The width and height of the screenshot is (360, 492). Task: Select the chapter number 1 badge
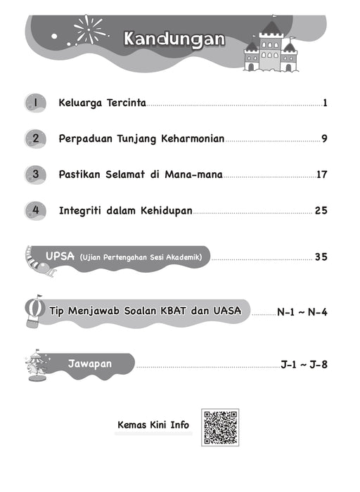(x=34, y=103)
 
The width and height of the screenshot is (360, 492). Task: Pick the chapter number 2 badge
(x=34, y=138)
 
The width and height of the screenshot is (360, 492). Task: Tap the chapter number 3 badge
(x=34, y=174)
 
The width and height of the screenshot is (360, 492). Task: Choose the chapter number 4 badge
(x=34, y=209)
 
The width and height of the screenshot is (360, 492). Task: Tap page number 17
(x=322, y=174)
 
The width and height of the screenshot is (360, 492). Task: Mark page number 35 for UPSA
(x=321, y=257)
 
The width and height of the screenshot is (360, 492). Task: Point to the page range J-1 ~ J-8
(x=304, y=364)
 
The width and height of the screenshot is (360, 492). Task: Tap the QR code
(x=220, y=427)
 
